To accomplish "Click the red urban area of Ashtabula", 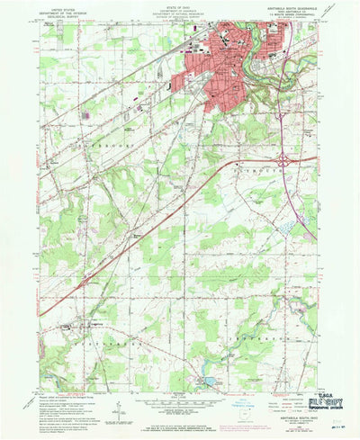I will click(220, 72).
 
